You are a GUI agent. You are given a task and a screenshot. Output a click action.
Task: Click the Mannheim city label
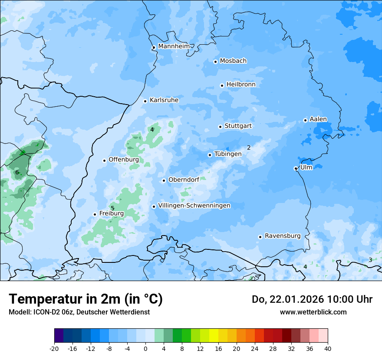pos(174,46)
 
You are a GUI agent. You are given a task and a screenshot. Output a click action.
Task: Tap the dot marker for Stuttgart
pos(220,127)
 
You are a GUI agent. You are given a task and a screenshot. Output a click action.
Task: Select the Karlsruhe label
pos(164,100)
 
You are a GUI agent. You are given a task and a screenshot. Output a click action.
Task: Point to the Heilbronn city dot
pos(222,85)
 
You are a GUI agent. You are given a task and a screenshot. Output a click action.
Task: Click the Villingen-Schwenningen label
pos(194,206)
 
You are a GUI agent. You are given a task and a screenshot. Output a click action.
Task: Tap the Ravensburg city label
pos(283,236)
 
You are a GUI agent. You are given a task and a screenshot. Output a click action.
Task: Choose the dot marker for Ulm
pos(296,168)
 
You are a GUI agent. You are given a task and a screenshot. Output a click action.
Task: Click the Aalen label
pos(318,119)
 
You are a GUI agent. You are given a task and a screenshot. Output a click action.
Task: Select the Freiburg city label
pos(112,213)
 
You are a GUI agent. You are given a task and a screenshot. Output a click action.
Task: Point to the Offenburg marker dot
pos(104,160)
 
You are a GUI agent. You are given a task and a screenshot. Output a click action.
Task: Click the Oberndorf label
pos(184,180)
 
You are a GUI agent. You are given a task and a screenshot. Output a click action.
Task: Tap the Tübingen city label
pos(228,154)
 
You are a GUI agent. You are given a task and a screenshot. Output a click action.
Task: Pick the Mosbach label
pos(233,61)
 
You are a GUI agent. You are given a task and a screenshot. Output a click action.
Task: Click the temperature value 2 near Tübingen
pos(249,147)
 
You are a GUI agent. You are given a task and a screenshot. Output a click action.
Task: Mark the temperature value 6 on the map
pos(17,173)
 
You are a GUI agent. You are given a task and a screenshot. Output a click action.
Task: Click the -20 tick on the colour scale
pos(54,348)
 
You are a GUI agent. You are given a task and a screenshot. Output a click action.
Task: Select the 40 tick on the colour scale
pos(327,348)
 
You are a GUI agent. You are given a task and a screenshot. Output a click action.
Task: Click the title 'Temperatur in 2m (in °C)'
pos(86,299)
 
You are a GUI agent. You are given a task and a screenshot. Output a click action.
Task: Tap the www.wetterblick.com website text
pos(313,312)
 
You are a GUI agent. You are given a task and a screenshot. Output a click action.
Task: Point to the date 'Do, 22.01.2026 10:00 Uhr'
pos(312,299)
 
